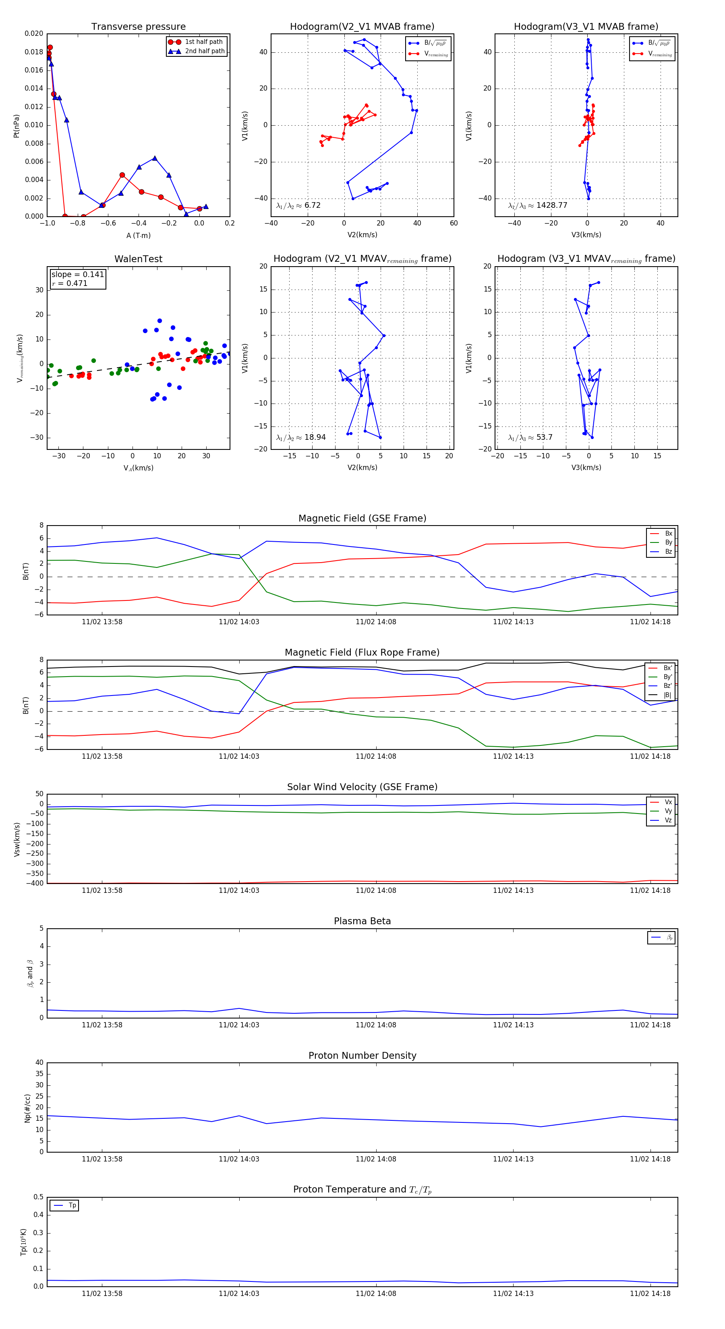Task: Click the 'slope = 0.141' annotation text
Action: pyautogui.click(x=77, y=275)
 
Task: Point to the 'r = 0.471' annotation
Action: pyautogui.click(x=70, y=283)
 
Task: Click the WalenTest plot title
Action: pyautogui.click(x=138, y=259)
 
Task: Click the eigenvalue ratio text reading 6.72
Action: pyautogui.click(x=299, y=205)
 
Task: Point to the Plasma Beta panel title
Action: pyautogui.click(x=362, y=921)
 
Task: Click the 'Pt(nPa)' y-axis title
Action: pyautogui.click(x=17, y=126)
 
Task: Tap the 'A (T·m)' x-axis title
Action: pyautogui.click(x=138, y=235)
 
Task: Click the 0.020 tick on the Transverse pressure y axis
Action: pyautogui.click(x=34, y=33)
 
